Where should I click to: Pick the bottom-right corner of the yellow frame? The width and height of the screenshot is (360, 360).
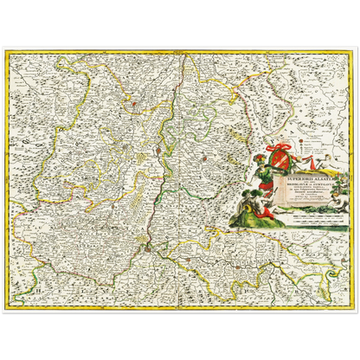pyautogui.click(x=355, y=307)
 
